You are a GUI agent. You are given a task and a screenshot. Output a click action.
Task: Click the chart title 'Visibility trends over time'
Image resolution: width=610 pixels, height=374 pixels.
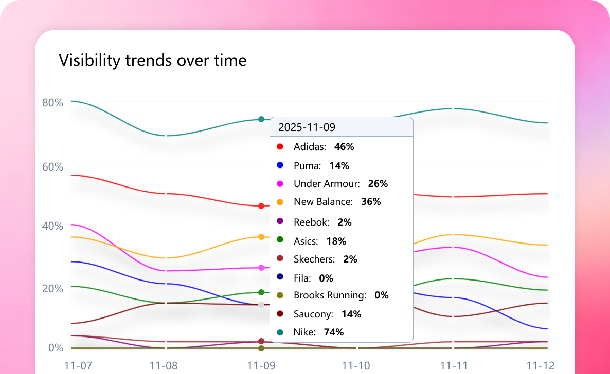(153, 61)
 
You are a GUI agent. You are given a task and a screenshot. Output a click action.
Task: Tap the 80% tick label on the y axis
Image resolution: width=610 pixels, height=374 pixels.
(52, 102)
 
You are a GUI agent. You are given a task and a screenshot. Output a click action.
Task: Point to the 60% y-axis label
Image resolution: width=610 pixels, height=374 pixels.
(52, 167)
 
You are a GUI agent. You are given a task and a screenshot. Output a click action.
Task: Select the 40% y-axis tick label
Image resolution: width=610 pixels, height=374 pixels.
(52, 226)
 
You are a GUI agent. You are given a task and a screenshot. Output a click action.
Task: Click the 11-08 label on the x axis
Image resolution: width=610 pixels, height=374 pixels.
(164, 366)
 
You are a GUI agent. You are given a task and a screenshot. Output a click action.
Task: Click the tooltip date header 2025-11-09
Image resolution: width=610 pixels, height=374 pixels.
(307, 127)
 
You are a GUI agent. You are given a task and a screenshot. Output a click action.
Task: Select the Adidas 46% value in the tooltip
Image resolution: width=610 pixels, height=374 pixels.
(344, 147)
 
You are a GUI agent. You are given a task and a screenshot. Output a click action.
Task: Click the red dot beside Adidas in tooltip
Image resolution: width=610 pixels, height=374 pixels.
(280, 147)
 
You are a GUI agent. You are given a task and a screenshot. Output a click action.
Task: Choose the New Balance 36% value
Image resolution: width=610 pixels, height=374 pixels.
(371, 202)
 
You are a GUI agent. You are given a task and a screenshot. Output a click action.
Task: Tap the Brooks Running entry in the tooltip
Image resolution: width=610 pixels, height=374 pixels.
(330, 295)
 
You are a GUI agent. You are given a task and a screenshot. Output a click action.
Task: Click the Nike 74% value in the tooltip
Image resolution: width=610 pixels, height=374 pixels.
(334, 332)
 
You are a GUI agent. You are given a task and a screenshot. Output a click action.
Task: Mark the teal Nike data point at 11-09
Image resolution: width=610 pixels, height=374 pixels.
(261, 119)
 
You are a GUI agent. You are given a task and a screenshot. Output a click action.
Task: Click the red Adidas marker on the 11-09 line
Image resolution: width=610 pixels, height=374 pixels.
(261, 206)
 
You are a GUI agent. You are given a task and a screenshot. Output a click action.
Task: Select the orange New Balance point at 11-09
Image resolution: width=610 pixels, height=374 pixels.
(261, 237)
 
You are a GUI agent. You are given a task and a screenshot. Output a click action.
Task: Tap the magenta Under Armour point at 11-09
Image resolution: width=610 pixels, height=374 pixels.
(261, 268)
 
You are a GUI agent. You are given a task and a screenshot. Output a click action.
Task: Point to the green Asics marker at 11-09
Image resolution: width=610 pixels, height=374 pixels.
(261, 292)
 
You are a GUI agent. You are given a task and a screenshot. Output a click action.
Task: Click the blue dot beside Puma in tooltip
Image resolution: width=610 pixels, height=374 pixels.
(280, 165)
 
